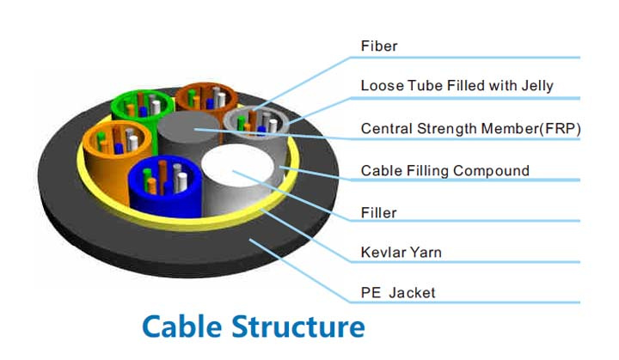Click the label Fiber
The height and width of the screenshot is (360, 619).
click(379, 46)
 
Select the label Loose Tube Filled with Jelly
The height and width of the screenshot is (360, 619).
click(457, 86)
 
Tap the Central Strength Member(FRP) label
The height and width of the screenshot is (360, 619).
click(470, 129)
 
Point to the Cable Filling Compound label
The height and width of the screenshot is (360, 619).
click(445, 171)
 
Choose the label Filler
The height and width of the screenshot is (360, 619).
click(378, 213)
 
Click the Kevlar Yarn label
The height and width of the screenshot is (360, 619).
click(401, 253)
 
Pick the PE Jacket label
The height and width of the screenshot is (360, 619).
click(398, 293)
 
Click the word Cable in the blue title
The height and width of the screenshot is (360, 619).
click(181, 326)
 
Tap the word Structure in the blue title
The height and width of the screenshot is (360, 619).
click(298, 326)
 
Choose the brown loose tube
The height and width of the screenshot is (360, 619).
click(206, 97)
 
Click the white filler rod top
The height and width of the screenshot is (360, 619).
click(237, 166)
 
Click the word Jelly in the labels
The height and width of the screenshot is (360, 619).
click(537, 87)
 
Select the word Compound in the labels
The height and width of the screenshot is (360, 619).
click(491, 171)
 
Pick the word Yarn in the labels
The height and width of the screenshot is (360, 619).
click(426, 253)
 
